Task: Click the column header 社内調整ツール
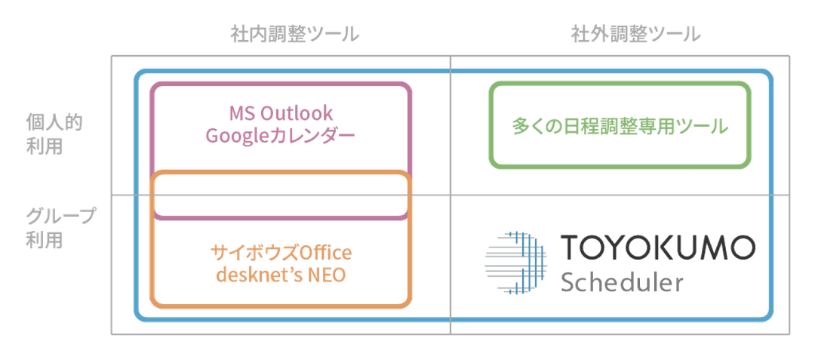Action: pyautogui.click(x=294, y=34)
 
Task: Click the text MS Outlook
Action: pyautogui.click(x=281, y=114)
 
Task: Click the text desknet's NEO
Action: pyautogui.click(x=281, y=275)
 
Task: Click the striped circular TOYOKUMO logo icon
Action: pyautogui.click(x=514, y=261)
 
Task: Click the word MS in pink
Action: pyautogui.click(x=240, y=114)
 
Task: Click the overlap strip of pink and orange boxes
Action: pyautogui.click(x=281, y=197)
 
